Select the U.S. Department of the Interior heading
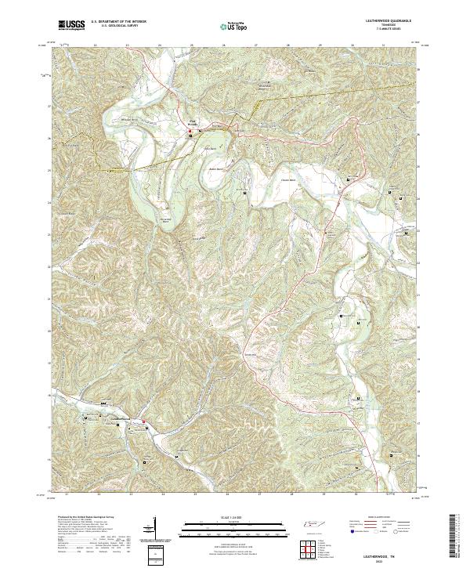117,21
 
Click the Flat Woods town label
192,124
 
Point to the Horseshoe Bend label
164,220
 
